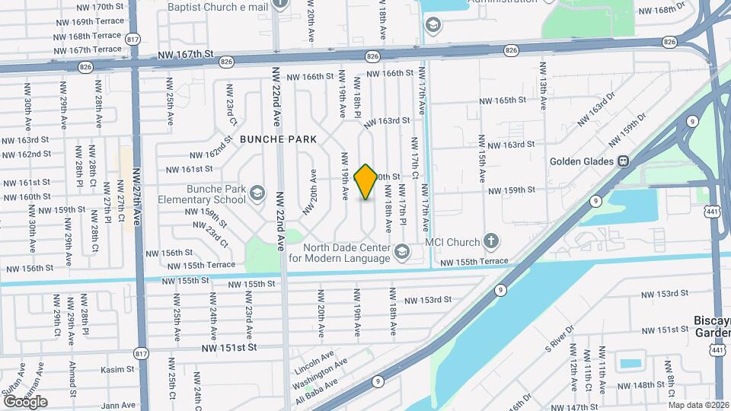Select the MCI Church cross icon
click(492, 242)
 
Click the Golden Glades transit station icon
click(623, 161)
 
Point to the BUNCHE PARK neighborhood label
click(278, 139)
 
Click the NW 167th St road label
click(185, 54)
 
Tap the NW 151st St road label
click(230, 347)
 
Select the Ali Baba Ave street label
click(317, 393)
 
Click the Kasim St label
click(118, 369)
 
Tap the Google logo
click(25, 401)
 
